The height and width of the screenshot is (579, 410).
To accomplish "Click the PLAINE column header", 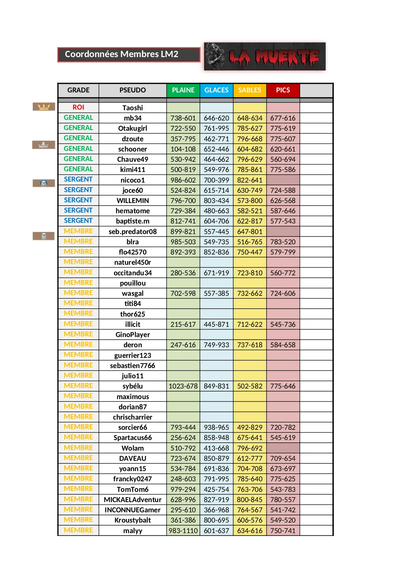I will click(183, 90).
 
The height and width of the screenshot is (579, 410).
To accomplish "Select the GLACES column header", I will click(216, 90).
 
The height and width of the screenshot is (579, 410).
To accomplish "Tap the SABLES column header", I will click(250, 90).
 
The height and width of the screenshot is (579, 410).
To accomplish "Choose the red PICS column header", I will click(283, 90).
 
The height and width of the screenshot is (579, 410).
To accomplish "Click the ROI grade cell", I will click(78, 107).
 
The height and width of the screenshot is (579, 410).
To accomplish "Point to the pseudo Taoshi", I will click(132, 108).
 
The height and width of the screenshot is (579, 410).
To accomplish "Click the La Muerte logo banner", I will click(265, 56).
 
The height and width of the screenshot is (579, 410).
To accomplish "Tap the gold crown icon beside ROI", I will click(44, 107).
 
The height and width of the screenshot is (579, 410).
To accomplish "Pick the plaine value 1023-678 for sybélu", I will click(183, 386).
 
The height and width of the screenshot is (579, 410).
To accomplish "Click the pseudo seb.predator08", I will click(132, 232).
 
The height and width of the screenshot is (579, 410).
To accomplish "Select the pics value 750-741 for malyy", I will click(283, 531).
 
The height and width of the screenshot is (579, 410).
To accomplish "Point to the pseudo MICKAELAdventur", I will click(132, 500).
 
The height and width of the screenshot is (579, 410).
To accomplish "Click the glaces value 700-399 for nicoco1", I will click(216, 180).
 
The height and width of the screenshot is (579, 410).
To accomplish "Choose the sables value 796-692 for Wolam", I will click(250, 448).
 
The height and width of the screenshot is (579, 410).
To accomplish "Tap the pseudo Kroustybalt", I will click(132, 520).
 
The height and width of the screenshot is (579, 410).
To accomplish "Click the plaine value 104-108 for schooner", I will click(183, 149).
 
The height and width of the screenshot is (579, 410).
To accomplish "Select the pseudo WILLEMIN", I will click(132, 201).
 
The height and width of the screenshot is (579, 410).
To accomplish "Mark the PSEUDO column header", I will click(132, 90).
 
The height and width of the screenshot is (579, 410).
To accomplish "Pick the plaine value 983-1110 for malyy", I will click(183, 531).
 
